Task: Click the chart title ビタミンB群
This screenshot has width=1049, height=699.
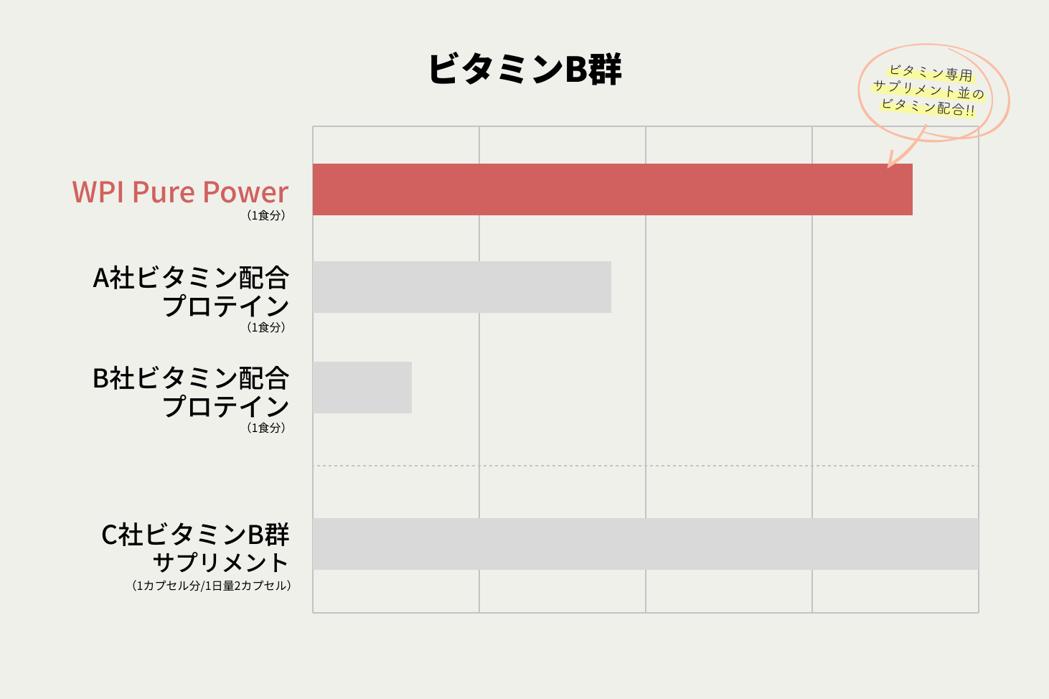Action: pyautogui.click(x=524, y=70)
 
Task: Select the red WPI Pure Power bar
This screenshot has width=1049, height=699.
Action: pyautogui.click(x=612, y=189)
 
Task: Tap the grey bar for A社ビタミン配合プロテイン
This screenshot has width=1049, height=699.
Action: pyautogui.click(x=461, y=287)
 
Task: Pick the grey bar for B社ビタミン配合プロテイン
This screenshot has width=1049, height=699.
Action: pyautogui.click(x=362, y=388)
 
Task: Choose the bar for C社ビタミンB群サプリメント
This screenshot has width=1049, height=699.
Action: pyautogui.click(x=645, y=544)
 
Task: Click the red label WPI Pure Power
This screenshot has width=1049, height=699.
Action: pyautogui.click(x=180, y=192)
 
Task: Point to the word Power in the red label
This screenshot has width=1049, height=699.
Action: pyautogui.click(x=245, y=192)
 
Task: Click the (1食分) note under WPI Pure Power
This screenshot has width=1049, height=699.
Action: pyautogui.click(x=266, y=215)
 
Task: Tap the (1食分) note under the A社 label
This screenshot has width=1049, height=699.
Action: pyautogui.click(x=266, y=327)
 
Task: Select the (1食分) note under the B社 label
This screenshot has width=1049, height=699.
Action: pyautogui.click(x=266, y=428)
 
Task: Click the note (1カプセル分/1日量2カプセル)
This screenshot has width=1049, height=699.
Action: pyautogui.click(x=212, y=586)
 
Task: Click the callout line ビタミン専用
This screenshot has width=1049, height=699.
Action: pyautogui.click(x=931, y=73)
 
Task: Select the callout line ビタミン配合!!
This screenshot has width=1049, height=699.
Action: pyautogui.click(x=928, y=107)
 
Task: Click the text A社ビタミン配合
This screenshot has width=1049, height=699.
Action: pyautogui.click(x=191, y=278)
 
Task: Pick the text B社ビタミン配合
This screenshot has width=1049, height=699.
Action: pyautogui.click(x=191, y=378)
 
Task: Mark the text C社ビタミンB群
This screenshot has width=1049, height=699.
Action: pyautogui.click(x=195, y=535)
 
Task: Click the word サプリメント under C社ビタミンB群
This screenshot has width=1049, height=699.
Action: pyautogui.click(x=220, y=563)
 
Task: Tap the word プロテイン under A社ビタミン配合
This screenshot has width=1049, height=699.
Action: pyautogui.click(x=225, y=306)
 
